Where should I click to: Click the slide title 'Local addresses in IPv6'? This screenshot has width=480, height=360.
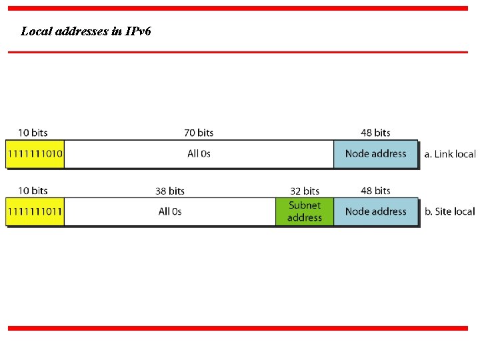click(x=86, y=31)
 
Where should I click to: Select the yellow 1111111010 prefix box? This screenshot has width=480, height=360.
click(x=35, y=154)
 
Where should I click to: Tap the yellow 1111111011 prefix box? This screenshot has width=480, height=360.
click(x=35, y=212)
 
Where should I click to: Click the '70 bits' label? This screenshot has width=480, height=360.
click(x=199, y=133)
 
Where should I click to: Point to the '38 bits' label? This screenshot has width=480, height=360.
click(x=170, y=191)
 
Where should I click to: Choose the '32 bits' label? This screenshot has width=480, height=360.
click(x=305, y=191)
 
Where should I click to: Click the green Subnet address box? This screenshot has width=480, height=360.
click(x=305, y=211)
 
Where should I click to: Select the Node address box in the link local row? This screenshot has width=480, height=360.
click(x=375, y=154)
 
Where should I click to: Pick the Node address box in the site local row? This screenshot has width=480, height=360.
click(x=375, y=212)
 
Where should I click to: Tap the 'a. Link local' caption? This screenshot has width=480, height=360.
click(x=450, y=154)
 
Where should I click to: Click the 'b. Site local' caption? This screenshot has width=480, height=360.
click(x=449, y=212)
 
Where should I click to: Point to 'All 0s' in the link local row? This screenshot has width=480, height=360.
click(x=199, y=154)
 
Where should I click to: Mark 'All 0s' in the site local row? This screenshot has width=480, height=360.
click(x=170, y=212)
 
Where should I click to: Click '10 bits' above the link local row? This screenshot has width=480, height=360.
click(x=33, y=133)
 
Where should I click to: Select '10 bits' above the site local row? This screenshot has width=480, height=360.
click(x=33, y=191)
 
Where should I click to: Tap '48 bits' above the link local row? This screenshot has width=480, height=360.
click(x=375, y=133)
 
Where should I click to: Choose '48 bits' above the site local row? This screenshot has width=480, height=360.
click(x=375, y=191)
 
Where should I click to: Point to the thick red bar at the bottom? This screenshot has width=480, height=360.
click(x=238, y=328)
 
